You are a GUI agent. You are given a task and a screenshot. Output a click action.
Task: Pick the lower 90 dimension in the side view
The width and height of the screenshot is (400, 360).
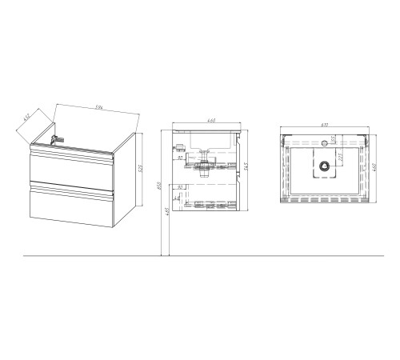[x=182, y=188]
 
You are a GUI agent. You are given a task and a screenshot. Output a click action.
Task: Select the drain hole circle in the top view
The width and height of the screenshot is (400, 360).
[x=325, y=166]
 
